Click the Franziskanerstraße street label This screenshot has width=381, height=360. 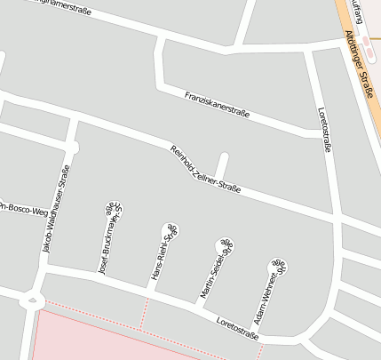pyautogui.click(x=217, y=104)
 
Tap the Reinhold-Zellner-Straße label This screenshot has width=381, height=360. pyautogui.click(x=205, y=170)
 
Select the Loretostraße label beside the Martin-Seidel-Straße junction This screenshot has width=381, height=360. pyautogui.click(x=236, y=326)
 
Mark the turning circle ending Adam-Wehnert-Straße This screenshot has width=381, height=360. pyautogui.click(x=279, y=264)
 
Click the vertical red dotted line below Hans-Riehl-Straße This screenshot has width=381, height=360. pyautogui.click(x=146, y=312)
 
